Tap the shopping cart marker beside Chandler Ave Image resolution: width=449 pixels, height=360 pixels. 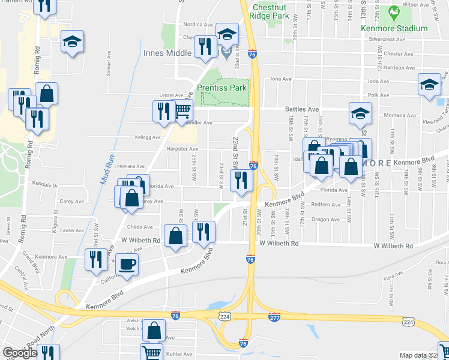pyautogui.click(x=182, y=111)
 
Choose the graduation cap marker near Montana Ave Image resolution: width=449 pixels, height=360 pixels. pyautogui.click(x=360, y=112)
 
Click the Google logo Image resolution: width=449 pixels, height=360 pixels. pyautogui.click(x=20, y=353)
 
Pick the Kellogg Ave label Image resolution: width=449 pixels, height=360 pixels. pyautogui.click(x=148, y=137)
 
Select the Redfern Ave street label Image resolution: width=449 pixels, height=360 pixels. pyautogui.click(x=325, y=204)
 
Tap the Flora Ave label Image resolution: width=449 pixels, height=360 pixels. pyautogui.click(x=394, y=276)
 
